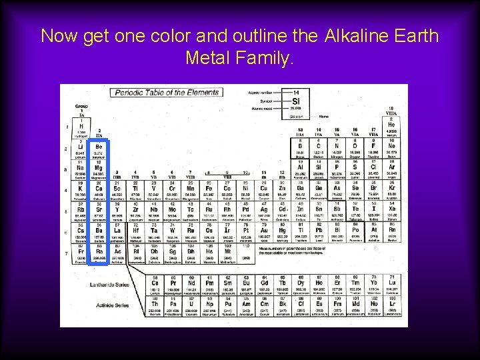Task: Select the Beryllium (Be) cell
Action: click(x=99, y=149)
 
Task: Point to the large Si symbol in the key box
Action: click(x=296, y=101)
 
